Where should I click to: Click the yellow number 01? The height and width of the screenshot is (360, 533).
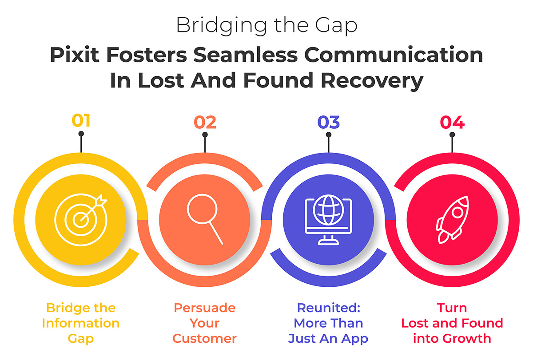tap(81, 121)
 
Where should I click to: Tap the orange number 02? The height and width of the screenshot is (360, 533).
tap(205, 122)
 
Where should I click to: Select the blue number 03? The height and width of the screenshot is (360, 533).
tap(329, 122)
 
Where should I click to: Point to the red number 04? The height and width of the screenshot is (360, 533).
tap(452, 122)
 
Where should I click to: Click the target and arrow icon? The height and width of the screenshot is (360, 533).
tap(81, 220)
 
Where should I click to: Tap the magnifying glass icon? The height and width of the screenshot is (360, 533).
tap(205, 219)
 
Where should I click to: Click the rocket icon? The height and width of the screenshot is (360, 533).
tap(452, 220)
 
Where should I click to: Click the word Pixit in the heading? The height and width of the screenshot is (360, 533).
tap(75, 55)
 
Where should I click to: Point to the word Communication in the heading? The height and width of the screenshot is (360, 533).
tap(394, 55)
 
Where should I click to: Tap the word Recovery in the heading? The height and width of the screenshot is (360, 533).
tap(372, 81)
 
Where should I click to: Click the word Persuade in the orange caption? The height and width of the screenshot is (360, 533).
tap(205, 308)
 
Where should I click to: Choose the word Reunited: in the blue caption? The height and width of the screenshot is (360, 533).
tap(329, 308)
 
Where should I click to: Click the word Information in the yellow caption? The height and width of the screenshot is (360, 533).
tap(81, 323)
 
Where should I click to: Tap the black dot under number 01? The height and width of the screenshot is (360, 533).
tap(81, 134)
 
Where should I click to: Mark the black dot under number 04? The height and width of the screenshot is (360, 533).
tap(452, 135)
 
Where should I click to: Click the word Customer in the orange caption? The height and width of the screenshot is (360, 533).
tap(205, 338)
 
